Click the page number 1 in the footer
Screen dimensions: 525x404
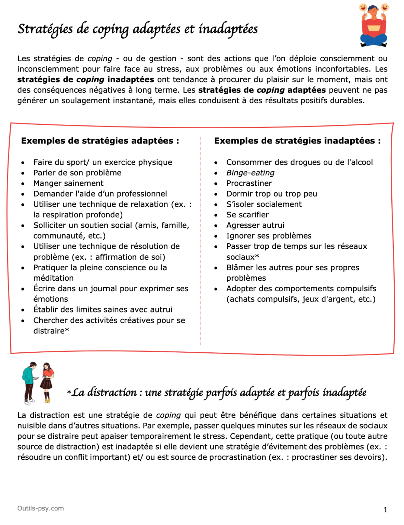tap(385, 510)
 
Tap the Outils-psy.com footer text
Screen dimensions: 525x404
tap(40, 508)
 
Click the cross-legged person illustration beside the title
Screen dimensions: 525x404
tap(374, 26)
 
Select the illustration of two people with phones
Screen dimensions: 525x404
tap(38, 383)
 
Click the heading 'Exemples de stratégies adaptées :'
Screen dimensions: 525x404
tap(100, 141)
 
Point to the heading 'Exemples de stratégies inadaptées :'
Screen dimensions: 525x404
tap(297, 141)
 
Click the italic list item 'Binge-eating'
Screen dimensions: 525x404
tap(250, 173)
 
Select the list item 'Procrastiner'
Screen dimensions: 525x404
tap(249, 184)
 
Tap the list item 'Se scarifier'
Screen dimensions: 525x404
tap(247, 215)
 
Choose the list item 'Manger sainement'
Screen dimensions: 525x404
tap(68, 184)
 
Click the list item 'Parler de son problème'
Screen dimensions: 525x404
tap(77, 173)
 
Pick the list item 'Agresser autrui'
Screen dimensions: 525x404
tap(255, 226)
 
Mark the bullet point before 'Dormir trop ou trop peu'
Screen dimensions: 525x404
tap(216, 194)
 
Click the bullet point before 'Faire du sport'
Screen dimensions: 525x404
tap(23, 163)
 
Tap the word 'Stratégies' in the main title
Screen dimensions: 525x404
tap(45, 29)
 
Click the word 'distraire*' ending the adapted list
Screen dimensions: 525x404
tap(51, 331)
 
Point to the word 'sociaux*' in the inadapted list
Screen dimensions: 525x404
tap(242, 257)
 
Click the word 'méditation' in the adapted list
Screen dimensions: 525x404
tap(53, 278)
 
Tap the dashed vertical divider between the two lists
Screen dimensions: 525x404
tap(200, 239)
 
